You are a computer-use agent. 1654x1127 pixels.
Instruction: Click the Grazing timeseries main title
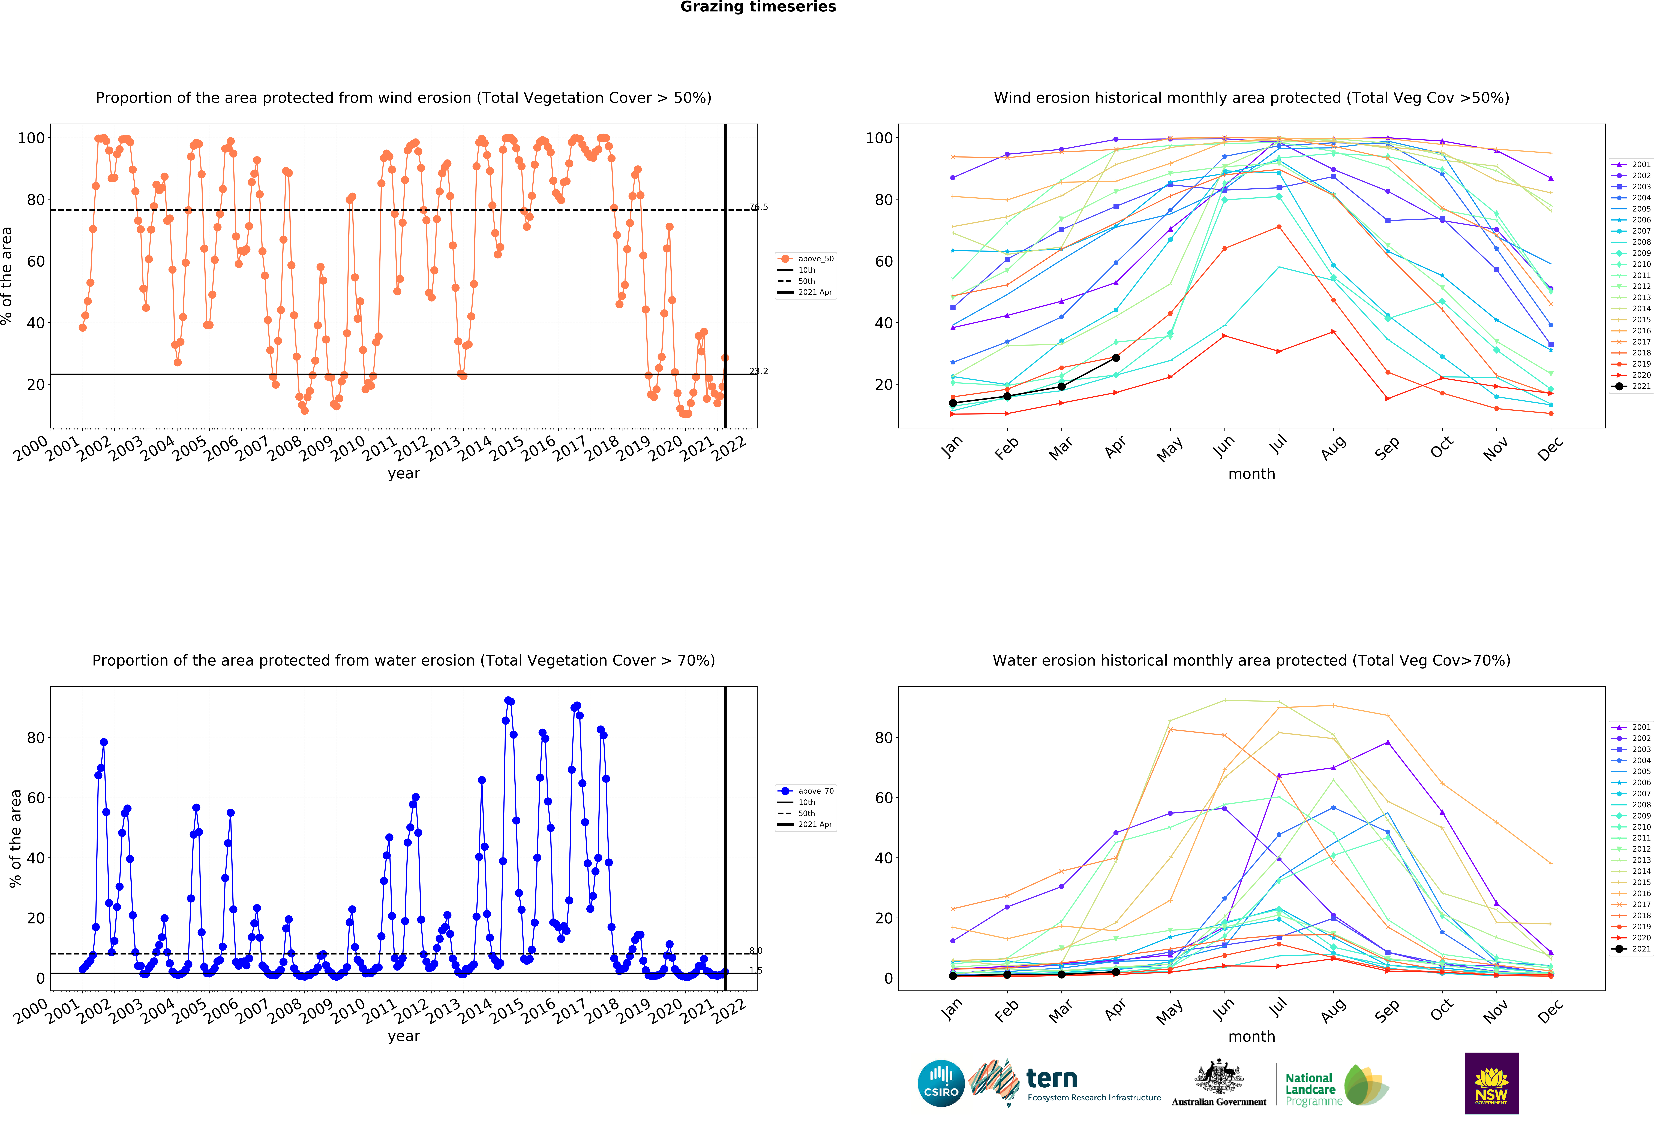(x=758, y=7)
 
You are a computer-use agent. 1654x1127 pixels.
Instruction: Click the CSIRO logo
(x=941, y=1084)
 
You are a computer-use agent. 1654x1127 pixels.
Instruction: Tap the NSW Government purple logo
(x=1491, y=1083)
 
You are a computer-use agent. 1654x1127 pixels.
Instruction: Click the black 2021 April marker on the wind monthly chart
(x=1116, y=358)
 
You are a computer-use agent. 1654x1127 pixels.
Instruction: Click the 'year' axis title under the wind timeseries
(x=404, y=474)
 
